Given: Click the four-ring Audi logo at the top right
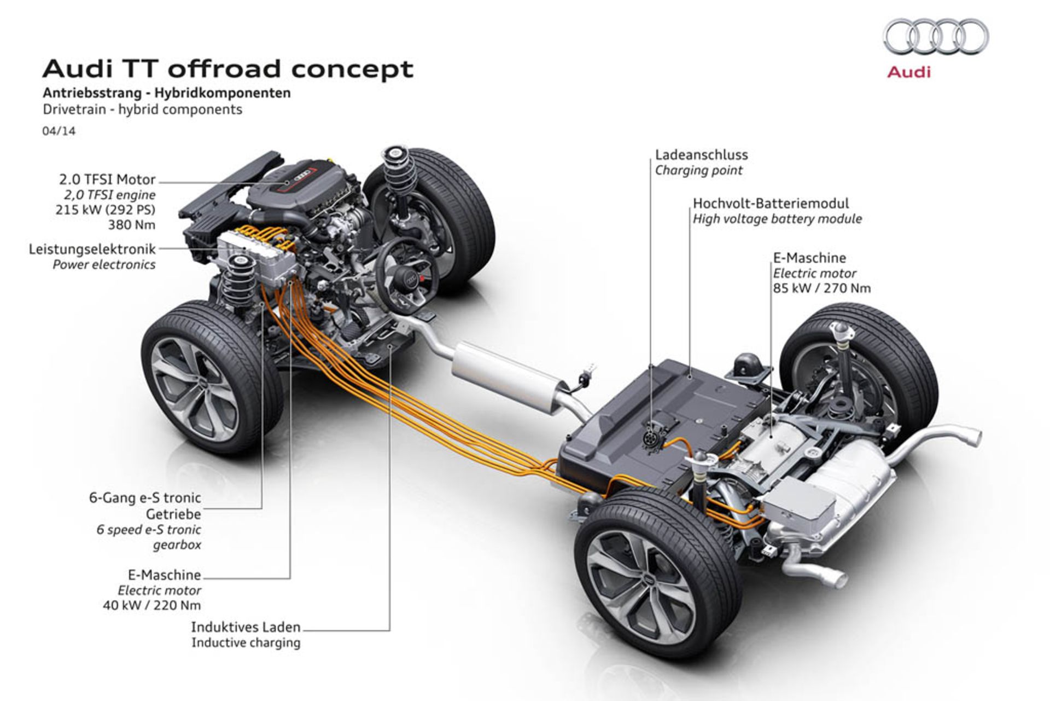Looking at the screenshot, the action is coord(936,37).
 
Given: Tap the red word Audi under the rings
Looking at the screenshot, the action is coord(908,72).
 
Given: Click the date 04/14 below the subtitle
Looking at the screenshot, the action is coord(59,131).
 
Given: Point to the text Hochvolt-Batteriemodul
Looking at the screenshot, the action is coord(771,203).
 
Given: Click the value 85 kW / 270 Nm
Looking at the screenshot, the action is coord(822,288).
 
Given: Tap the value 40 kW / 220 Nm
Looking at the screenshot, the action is coord(152,605).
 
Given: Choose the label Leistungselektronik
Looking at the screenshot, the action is coord(92,249).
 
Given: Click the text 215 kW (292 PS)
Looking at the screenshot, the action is coord(106,210).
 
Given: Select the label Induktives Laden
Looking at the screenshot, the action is coord(246,627).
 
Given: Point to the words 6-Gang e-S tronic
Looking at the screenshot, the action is coord(145,498).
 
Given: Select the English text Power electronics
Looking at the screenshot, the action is coord(104,265).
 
